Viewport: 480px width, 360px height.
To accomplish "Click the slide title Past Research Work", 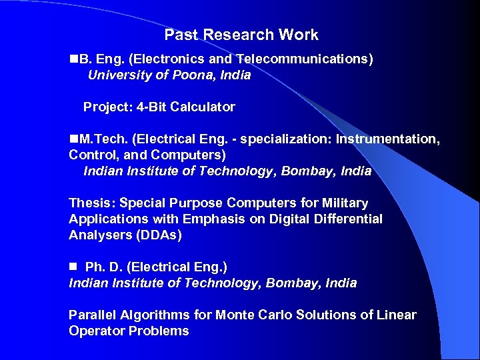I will click(x=241, y=35).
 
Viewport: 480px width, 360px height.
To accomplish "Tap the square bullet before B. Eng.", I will click(x=73, y=59).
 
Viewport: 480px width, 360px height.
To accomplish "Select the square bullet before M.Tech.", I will click(x=73, y=139).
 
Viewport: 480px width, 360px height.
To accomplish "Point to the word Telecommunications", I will click(x=304, y=59).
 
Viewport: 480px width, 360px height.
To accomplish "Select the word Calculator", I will click(x=203, y=107).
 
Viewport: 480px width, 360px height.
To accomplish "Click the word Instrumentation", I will click(x=387, y=139).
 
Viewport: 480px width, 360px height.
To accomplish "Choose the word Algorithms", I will click(x=154, y=315).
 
